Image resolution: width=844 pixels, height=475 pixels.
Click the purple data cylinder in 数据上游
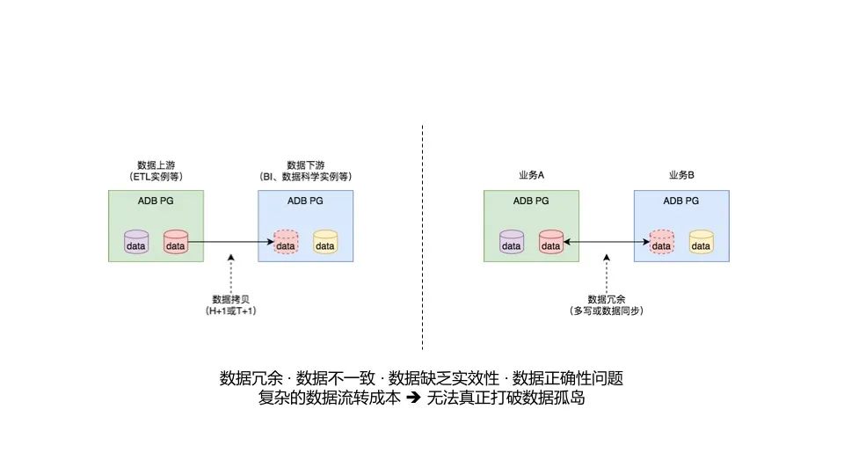136,241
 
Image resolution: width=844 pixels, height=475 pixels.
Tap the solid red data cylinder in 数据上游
176,241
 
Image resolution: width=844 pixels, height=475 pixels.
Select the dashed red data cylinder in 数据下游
286,241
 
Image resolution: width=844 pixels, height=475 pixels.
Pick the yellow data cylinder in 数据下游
325,241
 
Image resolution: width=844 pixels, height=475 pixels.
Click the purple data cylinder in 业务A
512,241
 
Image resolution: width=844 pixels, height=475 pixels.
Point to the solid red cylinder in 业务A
551,241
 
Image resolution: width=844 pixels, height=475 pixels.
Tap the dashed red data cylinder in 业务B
661,241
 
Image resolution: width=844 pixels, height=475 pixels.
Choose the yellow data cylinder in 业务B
701,241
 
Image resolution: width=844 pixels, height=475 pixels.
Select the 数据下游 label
305,165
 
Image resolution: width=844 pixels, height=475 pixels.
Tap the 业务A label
531,176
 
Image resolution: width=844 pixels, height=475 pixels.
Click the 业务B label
681,176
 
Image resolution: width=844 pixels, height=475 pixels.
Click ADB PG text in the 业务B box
681,201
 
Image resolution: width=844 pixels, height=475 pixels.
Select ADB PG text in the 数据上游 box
156,201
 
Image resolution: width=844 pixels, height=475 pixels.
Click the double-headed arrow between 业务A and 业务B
607,240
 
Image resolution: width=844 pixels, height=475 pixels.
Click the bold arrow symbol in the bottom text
413,398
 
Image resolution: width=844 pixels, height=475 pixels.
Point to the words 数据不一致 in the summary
336,379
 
